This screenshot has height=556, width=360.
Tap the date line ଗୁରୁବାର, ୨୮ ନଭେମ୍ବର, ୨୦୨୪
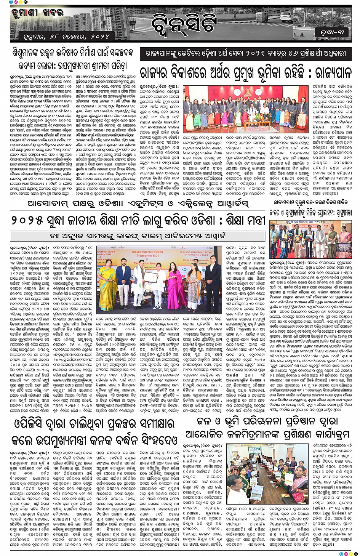[65, 37]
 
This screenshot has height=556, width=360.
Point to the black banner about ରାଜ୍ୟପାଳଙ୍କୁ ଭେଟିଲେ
[245, 54]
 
